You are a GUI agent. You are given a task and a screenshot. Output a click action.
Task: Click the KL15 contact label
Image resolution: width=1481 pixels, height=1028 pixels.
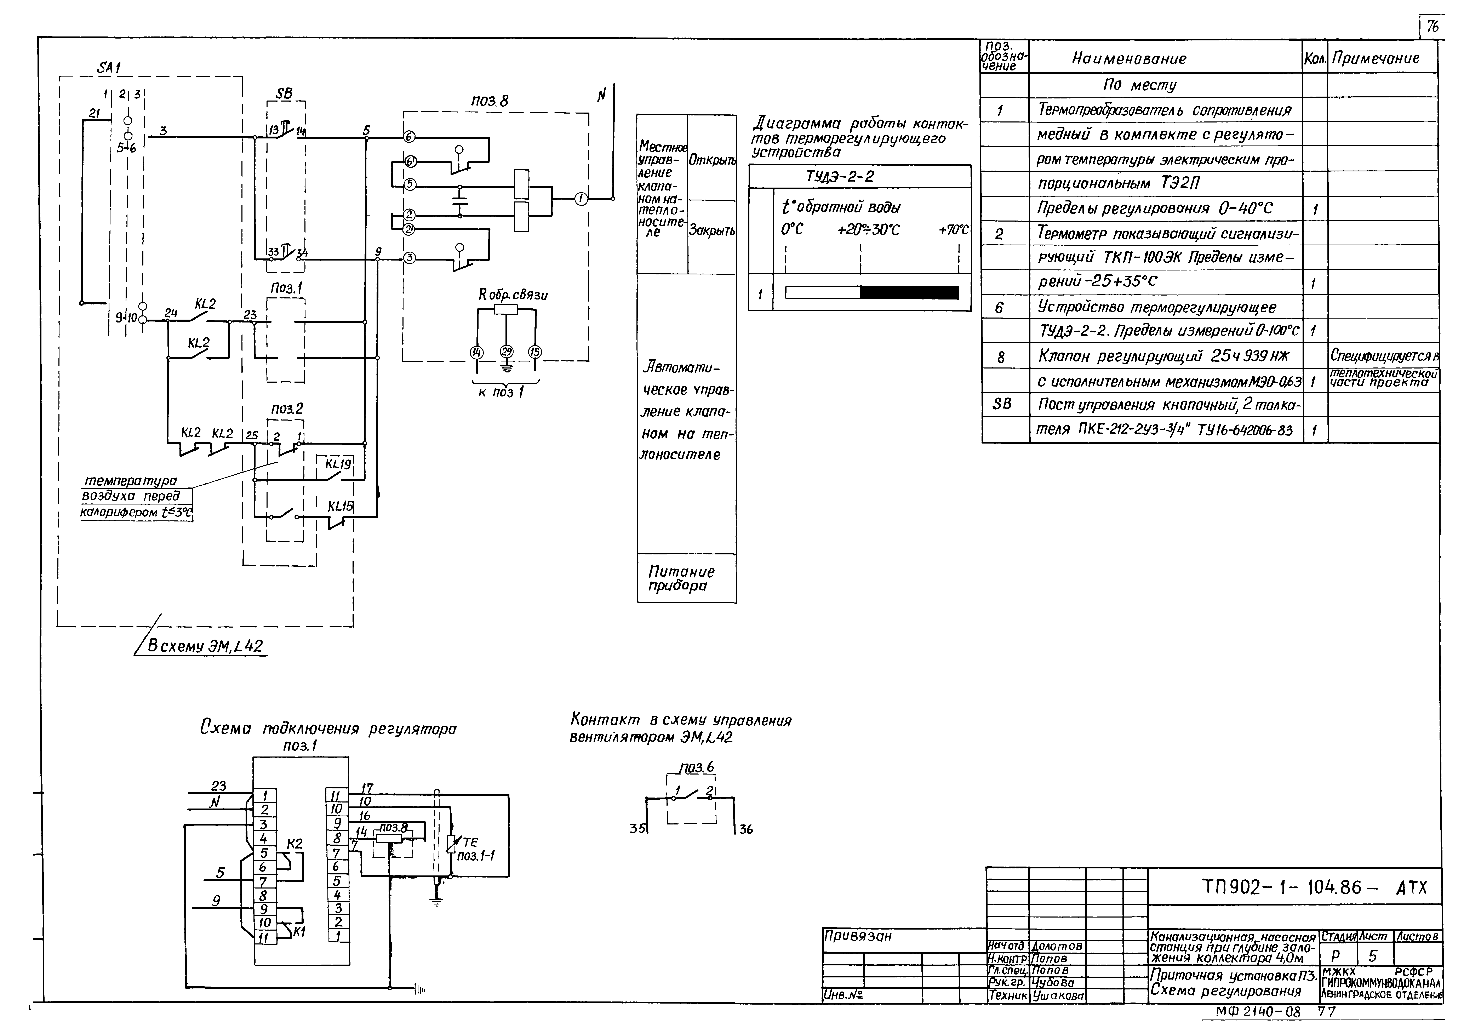coord(340,506)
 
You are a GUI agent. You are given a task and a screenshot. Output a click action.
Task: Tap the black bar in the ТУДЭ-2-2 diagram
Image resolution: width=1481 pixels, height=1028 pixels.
coord(909,292)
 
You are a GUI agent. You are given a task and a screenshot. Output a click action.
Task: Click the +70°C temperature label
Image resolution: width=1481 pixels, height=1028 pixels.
coord(953,230)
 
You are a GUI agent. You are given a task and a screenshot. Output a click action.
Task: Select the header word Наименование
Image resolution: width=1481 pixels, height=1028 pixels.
coord(1129,59)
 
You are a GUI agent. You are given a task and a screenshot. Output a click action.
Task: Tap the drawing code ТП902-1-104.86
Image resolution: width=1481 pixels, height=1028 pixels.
coord(1281,888)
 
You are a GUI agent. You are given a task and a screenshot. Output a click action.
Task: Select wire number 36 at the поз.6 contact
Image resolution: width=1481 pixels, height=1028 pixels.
coord(746,830)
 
